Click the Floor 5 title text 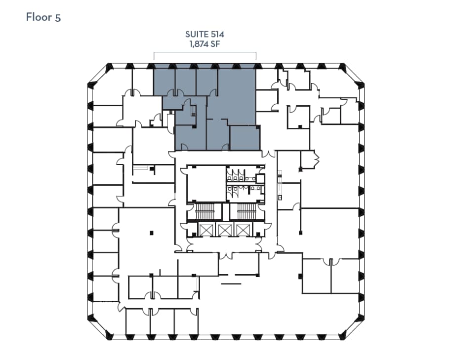point(43,17)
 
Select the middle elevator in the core point(225,230)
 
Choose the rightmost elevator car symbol point(243,230)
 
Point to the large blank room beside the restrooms point(206,183)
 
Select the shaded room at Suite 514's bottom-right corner point(245,138)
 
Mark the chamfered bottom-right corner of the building point(351,328)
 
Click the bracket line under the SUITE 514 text point(205,52)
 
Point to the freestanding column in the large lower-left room point(152,232)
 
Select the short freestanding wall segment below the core point(231,283)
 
